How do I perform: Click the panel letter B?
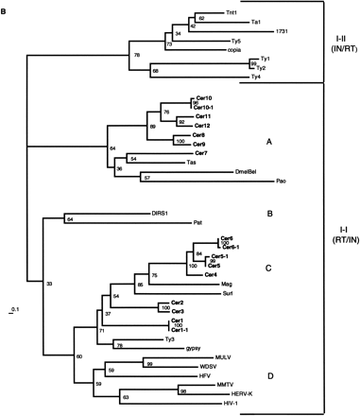click(5, 7)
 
